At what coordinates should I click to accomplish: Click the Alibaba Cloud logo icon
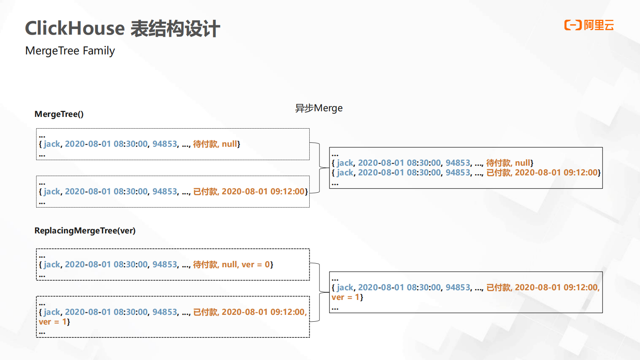click(x=573, y=25)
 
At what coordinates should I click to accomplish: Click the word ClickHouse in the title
click(x=75, y=29)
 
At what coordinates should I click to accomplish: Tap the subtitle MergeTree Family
click(x=70, y=51)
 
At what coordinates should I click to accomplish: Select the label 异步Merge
click(x=319, y=108)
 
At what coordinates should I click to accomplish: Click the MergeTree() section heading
click(x=59, y=114)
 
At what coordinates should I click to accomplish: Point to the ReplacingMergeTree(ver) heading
click(x=85, y=231)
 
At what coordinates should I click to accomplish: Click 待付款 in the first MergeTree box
click(x=205, y=144)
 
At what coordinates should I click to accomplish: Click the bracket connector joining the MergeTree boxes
click(x=319, y=167)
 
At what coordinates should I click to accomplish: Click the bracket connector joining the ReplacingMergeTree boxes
click(x=319, y=292)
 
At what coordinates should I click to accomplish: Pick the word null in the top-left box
click(x=229, y=144)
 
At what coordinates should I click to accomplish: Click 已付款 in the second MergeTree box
click(x=205, y=191)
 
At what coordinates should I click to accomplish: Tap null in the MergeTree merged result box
click(x=523, y=163)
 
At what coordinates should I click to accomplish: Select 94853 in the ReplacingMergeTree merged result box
click(x=458, y=287)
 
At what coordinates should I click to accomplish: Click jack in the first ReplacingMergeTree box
click(x=52, y=264)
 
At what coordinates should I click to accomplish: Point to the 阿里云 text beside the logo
click(x=599, y=25)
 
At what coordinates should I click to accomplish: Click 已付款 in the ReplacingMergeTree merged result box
click(x=498, y=287)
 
